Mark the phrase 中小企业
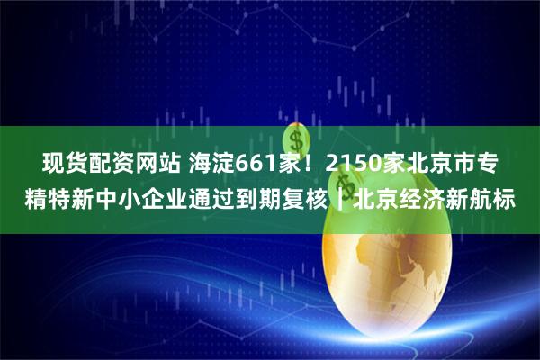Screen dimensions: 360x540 153,199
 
